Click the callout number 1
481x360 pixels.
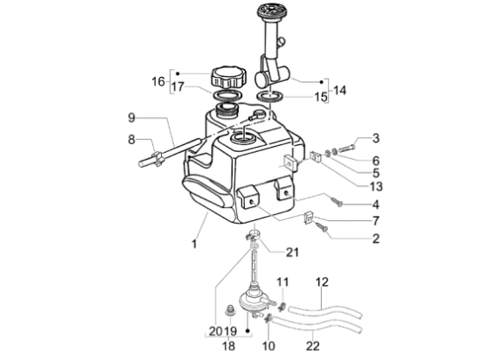(194, 245)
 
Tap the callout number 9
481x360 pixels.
(131, 118)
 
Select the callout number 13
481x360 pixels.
(376, 186)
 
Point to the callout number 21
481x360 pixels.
(292, 253)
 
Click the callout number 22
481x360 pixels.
(313, 346)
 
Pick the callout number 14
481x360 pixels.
(339, 90)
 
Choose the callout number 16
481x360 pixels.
(158, 81)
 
